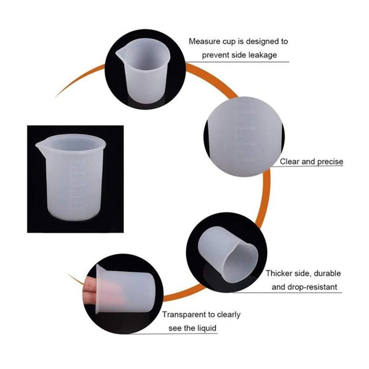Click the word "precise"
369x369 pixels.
tap(330, 162)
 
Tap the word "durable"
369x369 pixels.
tap(327, 273)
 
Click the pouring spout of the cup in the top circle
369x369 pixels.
tap(120, 54)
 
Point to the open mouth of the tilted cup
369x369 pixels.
tap(240, 262)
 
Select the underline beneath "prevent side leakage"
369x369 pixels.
tap(237, 62)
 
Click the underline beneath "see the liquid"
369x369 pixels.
tap(173, 333)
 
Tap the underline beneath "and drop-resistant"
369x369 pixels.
tap(287, 293)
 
